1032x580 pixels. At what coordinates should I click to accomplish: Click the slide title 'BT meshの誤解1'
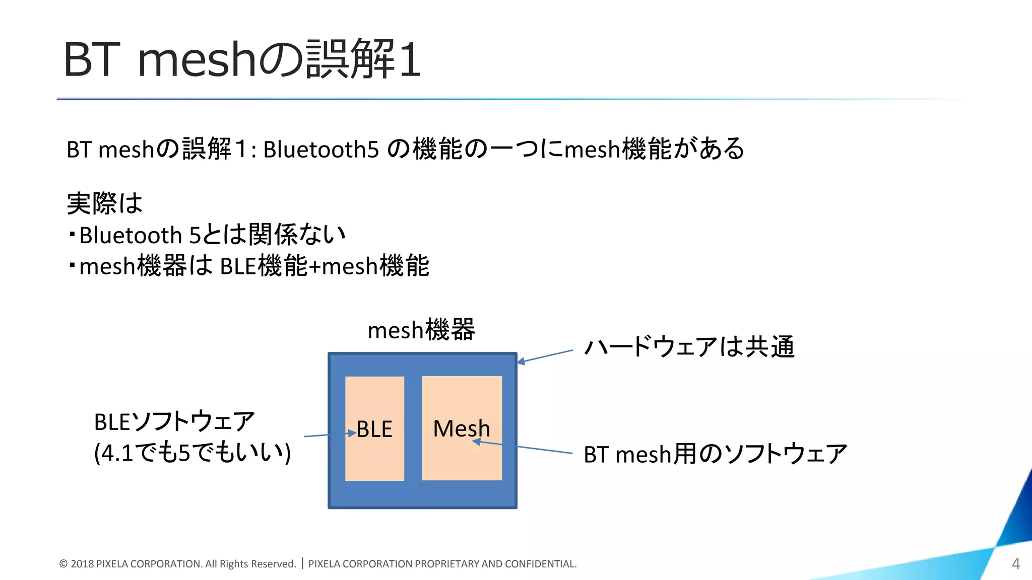242,59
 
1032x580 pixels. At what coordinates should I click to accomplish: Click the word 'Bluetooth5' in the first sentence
321,150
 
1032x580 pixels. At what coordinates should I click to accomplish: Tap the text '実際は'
105,203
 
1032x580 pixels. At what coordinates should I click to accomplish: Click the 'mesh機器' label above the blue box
421,330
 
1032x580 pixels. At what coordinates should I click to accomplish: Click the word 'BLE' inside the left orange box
374,429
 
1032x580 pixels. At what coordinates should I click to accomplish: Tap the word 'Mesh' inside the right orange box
462,429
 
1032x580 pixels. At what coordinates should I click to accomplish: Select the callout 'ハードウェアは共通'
689,347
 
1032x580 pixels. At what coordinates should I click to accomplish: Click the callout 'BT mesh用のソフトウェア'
715,454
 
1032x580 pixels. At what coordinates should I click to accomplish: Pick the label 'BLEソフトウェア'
174,422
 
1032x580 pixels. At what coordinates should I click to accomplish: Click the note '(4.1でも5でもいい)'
192,453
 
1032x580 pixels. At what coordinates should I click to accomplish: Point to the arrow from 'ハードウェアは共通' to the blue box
545,356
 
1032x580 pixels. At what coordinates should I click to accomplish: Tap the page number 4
1016,564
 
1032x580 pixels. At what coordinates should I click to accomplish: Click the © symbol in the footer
63,564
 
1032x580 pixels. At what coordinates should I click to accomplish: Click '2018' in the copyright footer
82,564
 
